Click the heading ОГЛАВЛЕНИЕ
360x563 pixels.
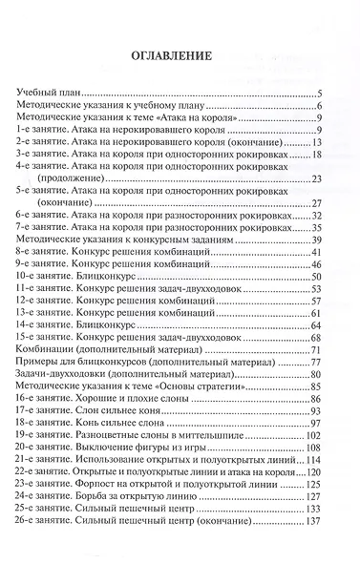[x=179, y=56]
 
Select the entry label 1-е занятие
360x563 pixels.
[x=34, y=130]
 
